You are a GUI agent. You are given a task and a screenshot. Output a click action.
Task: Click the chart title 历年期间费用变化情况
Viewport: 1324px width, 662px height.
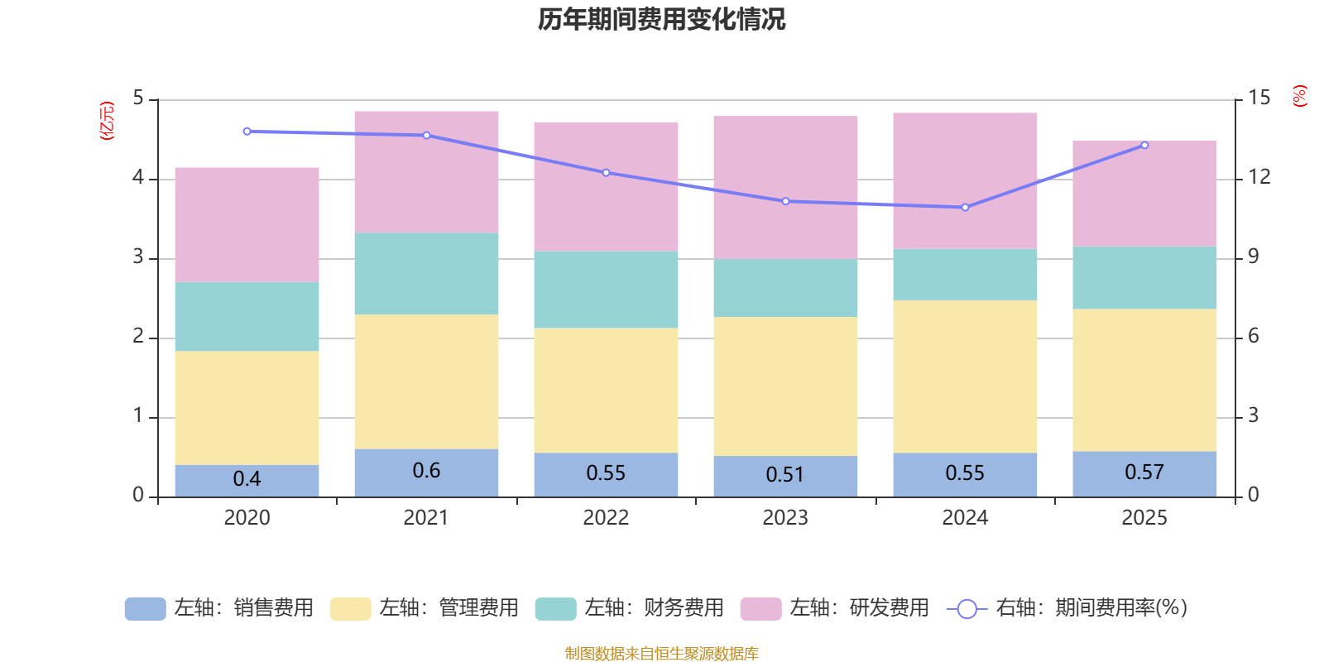pos(661,19)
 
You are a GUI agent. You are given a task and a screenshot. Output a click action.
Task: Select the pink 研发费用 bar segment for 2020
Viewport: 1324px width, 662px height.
pos(247,224)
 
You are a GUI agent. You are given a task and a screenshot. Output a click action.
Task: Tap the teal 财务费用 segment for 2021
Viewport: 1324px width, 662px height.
pos(426,273)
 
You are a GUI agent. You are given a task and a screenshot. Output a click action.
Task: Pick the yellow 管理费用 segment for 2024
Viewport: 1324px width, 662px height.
pos(965,376)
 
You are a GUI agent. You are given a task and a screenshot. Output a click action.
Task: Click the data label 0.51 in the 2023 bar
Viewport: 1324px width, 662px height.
pos(784,475)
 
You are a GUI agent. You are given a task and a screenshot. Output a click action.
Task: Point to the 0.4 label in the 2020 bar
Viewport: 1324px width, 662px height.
pos(247,479)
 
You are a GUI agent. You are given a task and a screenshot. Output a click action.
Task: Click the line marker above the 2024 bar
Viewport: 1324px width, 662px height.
pos(965,208)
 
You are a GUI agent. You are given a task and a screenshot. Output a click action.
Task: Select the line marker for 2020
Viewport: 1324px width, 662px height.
pos(247,132)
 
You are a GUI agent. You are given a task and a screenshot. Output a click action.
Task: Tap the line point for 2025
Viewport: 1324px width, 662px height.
pos(1144,145)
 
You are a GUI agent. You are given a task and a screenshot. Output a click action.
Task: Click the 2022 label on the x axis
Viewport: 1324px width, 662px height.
pos(606,518)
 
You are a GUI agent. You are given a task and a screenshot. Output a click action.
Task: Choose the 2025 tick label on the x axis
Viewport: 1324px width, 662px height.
pos(1144,518)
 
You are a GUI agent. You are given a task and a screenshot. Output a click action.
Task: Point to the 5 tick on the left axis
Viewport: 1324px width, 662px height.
pos(138,98)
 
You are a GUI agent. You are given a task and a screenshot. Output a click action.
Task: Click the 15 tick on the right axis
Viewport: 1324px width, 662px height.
pos(1259,98)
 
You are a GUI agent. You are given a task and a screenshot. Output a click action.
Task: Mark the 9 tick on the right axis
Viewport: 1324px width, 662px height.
pos(1254,257)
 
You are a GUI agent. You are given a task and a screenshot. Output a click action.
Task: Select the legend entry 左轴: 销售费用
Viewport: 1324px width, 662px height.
pos(219,608)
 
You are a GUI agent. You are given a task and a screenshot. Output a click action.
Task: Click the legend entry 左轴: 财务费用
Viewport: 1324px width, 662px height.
pos(630,608)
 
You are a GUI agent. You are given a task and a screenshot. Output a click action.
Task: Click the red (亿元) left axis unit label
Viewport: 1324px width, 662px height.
pos(107,121)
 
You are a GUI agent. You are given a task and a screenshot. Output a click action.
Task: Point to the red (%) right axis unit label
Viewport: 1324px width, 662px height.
pos(1299,96)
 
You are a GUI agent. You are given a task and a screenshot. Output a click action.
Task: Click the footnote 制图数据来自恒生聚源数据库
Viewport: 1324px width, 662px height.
pos(661,654)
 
